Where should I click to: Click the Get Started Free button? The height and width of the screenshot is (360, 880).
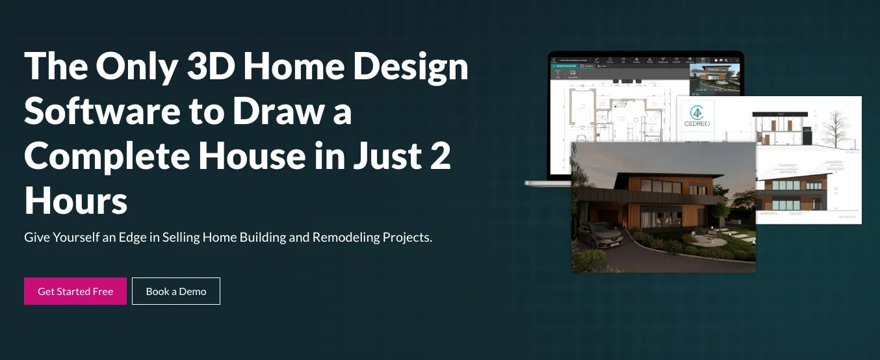pos(75,291)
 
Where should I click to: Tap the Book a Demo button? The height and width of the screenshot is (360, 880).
pos(176,291)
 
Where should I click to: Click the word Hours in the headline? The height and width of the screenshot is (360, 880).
pos(76,202)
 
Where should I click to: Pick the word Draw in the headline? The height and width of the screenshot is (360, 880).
pos(279,111)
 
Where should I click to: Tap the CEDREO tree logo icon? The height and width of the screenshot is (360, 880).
pos(696,112)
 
